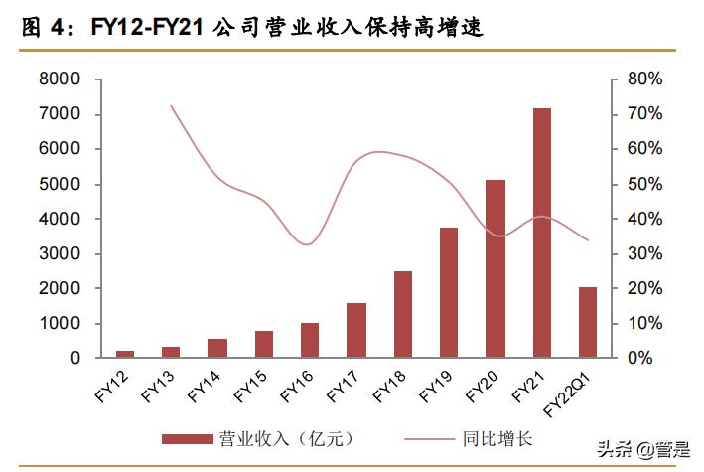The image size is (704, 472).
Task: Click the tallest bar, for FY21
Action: pyautogui.click(x=541, y=233)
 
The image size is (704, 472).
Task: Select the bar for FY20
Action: pyautogui.click(x=494, y=268)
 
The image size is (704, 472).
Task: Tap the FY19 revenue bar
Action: pyautogui.click(x=449, y=292)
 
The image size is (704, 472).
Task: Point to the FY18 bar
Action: pyautogui.click(x=402, y=314)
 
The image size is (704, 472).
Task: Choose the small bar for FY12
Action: pyautogui.click(x=125, y=354)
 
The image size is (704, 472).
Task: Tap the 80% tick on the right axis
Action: pyautogui.click(x=644, y=79)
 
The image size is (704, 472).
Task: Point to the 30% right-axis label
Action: pyautogui.click(x=644, y=253)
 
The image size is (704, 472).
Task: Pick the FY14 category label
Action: pyautogui.click(x=204, y=383)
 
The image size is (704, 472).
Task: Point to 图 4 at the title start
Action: pyautogui.click(x=40, y=28)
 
